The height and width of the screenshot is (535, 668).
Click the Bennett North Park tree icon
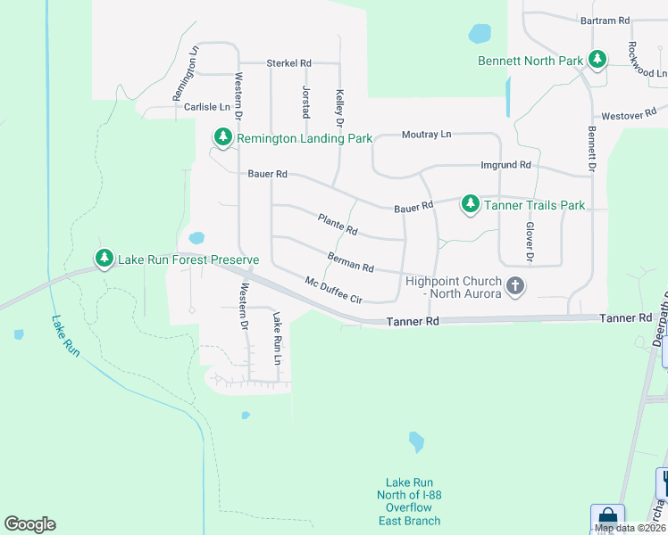(597, 61)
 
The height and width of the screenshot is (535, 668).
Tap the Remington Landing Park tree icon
(222, 138)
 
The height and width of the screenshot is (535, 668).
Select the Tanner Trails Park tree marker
(470, 204)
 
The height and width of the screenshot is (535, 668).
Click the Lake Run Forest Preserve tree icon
(104, 259)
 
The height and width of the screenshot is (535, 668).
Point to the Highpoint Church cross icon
(514, 286)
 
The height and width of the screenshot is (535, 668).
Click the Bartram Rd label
(605, 20)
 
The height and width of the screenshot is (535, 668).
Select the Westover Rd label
(622, 116)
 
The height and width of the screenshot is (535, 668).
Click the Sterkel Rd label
(288, 63)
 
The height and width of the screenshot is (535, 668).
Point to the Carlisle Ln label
(206, 107)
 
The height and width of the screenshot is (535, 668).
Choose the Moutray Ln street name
(426, 134)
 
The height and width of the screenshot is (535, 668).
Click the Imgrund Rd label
(505, 165)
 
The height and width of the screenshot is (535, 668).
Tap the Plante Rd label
(338, 224)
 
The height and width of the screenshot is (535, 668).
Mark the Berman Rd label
(350, 262)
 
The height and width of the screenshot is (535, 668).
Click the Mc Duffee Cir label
(333, 290)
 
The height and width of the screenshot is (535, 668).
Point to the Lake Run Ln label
(277, 339)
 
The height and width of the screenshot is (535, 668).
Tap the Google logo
(29, 524)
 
